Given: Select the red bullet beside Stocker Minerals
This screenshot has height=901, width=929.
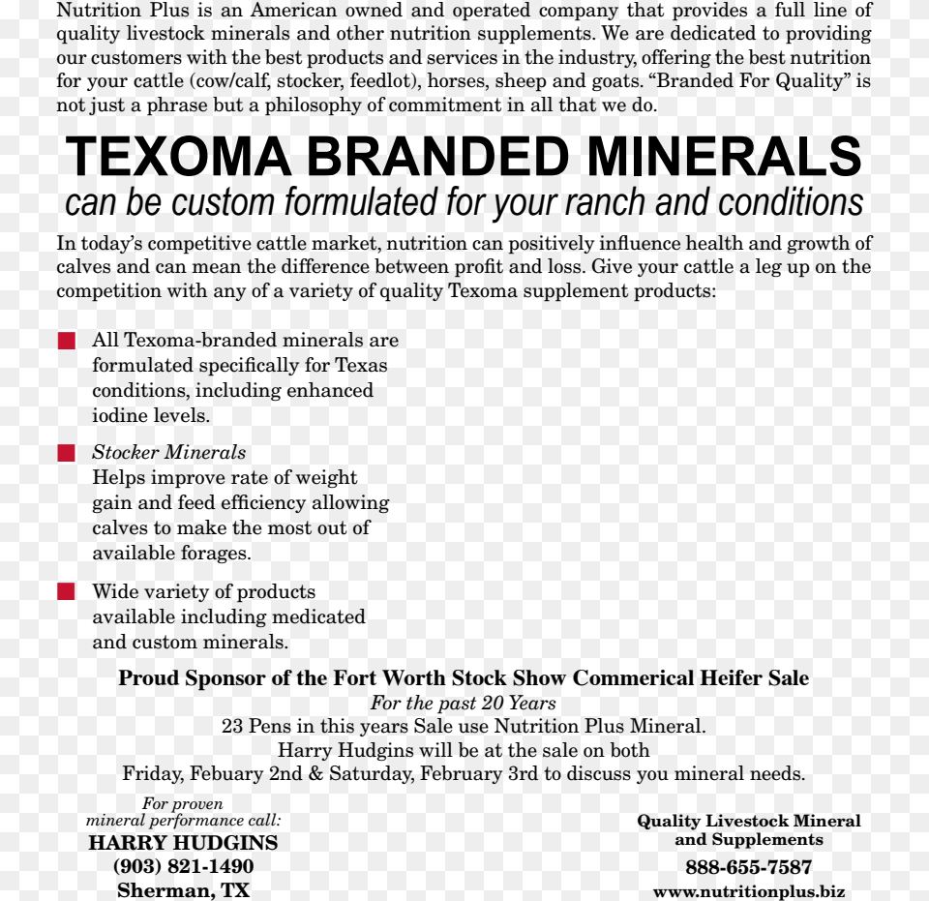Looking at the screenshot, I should pyautogui.click(x=66, y=453).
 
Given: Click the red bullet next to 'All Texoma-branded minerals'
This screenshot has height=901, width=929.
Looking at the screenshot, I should pyautogui.click(x=66, y=341).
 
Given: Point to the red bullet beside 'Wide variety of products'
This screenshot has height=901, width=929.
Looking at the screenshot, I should pyautogui.click(x=66, y=592).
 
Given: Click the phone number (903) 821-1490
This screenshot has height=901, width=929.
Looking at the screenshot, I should pyautogui.click(x=183, y=866).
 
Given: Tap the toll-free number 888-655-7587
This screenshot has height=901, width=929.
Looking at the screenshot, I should pyautogui.click(x=748, y=867).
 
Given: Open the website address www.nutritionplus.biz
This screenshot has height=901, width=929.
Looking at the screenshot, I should pyautogui.click(x=748, y=891).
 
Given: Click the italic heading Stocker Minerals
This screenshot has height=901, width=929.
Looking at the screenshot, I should pyautogui.click(x=168, y=453).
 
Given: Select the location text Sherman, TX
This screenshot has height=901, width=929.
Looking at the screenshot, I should pyautogui.click(x=183, y=890).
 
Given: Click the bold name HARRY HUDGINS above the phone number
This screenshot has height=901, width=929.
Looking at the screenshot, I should pyautogui.click(x=183, y=843).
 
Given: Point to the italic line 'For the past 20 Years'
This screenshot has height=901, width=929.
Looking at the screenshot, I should pyautogui.click(x=463, y=704).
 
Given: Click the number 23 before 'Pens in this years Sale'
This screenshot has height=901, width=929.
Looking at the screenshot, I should pyautogui.click(x=231, y=727).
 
